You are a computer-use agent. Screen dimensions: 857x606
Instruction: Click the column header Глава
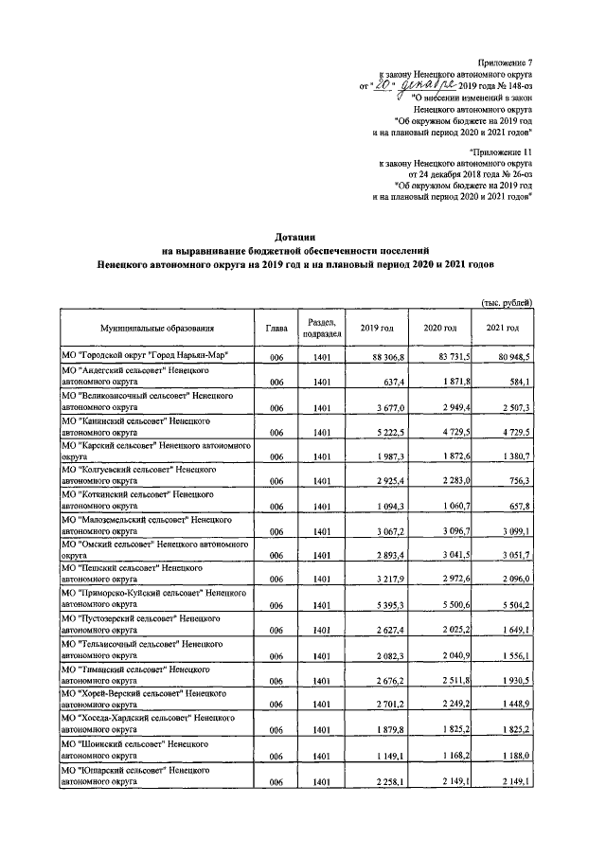coord(276,328)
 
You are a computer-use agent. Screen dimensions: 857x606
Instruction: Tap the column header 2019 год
coord(376,328)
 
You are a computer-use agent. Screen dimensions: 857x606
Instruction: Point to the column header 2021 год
coord(502,328)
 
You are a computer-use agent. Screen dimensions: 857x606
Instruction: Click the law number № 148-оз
coord(510,84)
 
